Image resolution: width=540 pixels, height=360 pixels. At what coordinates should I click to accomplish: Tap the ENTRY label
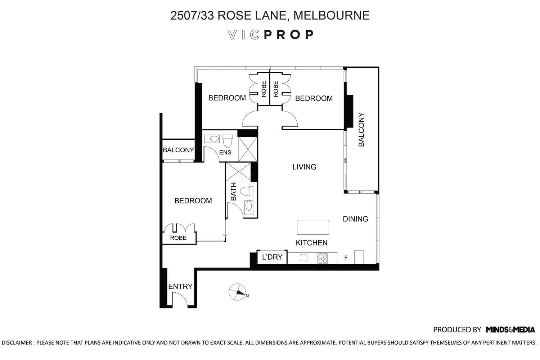coord(180,287)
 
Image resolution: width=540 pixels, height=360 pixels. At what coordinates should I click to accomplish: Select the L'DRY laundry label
coord(272,257)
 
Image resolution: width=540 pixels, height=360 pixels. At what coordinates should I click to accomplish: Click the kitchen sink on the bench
coord(303,258)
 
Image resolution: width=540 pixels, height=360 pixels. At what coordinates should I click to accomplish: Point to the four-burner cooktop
coord(323,258)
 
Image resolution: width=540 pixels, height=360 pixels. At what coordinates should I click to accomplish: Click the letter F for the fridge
coord(346,258)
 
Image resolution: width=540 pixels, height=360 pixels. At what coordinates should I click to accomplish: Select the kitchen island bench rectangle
coord(313,227)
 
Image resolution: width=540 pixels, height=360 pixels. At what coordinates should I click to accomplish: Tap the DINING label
coord(355,219)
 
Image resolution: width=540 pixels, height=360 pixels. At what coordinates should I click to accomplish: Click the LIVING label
coord(304,167)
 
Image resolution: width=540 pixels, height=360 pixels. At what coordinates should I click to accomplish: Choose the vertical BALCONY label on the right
coord(361,130)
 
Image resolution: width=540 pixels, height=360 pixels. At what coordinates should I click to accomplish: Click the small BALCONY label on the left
coord(178,150)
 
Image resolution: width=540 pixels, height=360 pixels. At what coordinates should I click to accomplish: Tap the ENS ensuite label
coord(225,152)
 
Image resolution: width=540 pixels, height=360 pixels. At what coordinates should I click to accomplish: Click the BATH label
coord(233,192)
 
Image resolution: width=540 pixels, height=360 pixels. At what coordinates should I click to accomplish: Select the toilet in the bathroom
coord(246,191)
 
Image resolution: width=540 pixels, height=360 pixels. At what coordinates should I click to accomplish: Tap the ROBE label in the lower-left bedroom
coord(179,238)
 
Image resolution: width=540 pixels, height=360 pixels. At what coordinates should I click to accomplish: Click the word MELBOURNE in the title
coord(332,15)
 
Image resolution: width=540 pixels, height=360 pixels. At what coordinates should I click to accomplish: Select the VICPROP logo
coord(271,35)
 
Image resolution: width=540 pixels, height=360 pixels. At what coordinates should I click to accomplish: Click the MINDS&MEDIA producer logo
coord(510,329)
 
